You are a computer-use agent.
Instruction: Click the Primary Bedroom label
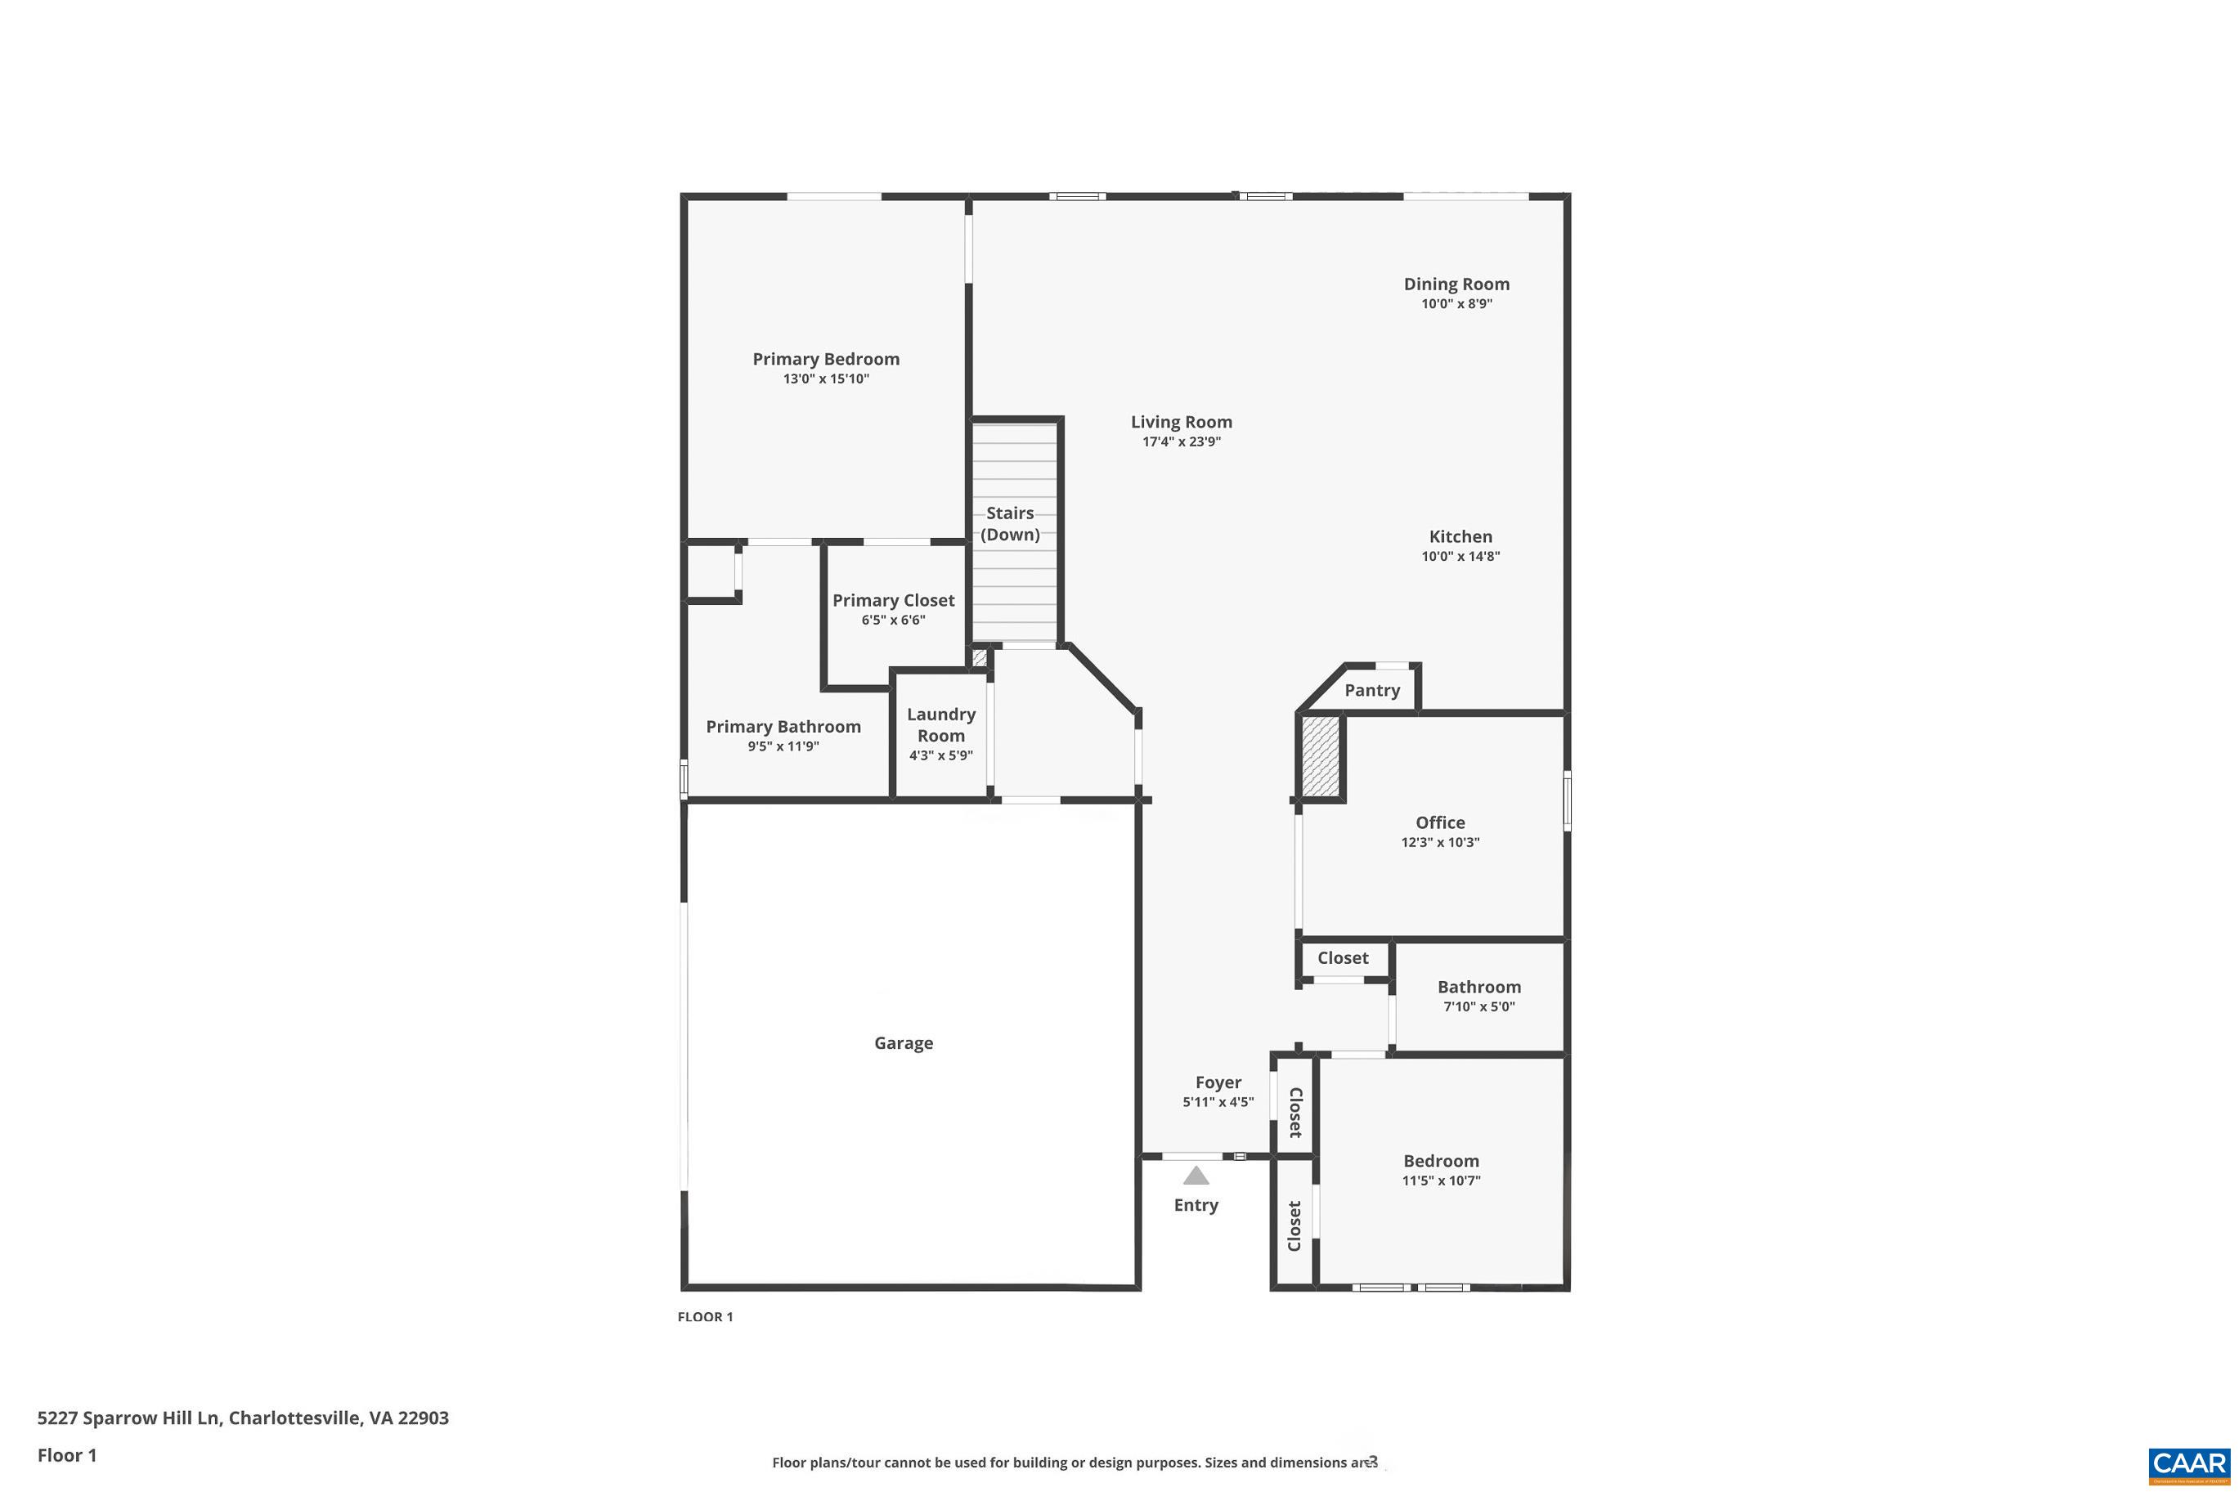(825, 359)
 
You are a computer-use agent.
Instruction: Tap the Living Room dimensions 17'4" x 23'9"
(1181, 441)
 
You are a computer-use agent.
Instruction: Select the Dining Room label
(1456, 284)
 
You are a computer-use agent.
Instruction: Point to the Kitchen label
(1460, 536)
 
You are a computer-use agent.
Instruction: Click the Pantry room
(1371, 690)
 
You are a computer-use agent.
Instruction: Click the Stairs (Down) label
(1010, 523)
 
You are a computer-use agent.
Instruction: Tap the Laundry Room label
(940, 724)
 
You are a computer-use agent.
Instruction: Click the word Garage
(903, 1043)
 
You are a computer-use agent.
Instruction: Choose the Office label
(1440, 822)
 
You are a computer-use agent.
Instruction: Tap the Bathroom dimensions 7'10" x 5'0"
(1478, 1006)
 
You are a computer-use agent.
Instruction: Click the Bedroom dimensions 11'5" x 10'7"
(1441, 1181)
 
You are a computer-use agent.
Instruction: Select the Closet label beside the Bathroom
(1343, 958)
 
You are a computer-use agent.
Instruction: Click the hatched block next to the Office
(1320, 756)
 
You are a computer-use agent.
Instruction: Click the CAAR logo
(2188, 1464)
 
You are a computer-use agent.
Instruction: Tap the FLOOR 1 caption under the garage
(705, 1317)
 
